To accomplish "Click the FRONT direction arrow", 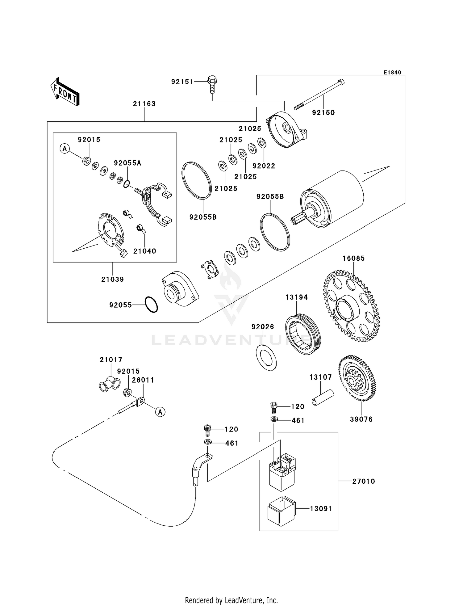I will tap(65, 92).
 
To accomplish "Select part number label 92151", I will tap(182, 82).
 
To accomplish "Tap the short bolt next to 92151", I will tap(212, 84).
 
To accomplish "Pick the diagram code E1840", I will tap(392, 73).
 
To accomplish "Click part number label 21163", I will tap(144, 104).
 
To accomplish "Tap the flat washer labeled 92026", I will tap(266, 357).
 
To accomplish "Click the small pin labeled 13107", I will tap(323, 398).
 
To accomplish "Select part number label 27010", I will tap(364, 481).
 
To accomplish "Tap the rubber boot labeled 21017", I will tap(109, 384).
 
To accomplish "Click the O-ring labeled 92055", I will tap(151, 305).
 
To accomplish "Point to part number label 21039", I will tap(112, 280).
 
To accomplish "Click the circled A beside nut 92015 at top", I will tap(65, 149).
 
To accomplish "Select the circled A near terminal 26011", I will tap(160, 412).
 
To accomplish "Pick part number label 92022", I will tap(264, 166).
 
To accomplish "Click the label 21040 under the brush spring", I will tap(144, 251).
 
